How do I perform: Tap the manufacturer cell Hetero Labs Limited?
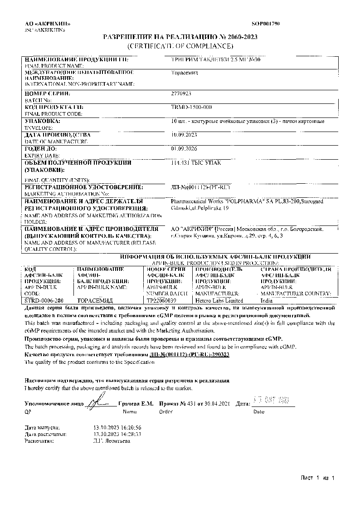tap(219, 300)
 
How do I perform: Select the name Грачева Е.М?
tap(136, 403)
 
